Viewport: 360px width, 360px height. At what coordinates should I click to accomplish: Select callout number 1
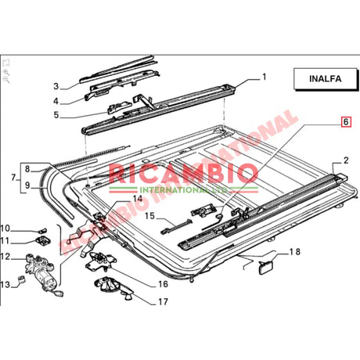coord(264,77)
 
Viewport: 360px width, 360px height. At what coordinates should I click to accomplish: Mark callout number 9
coord(27,186)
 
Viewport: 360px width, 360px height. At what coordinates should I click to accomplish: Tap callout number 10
coord(15,228)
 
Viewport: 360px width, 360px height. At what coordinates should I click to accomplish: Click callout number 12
coord(15,257)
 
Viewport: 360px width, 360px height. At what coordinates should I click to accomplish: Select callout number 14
coord(138,200)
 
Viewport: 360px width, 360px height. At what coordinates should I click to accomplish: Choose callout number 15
coord(148,216)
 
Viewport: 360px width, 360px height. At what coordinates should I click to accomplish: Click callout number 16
coord(164,284)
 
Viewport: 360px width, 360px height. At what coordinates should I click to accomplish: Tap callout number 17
coord(163,301)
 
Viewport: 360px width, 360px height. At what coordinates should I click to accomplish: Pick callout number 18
coord(293,251)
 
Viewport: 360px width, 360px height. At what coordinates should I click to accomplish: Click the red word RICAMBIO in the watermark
coord(171,173)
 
